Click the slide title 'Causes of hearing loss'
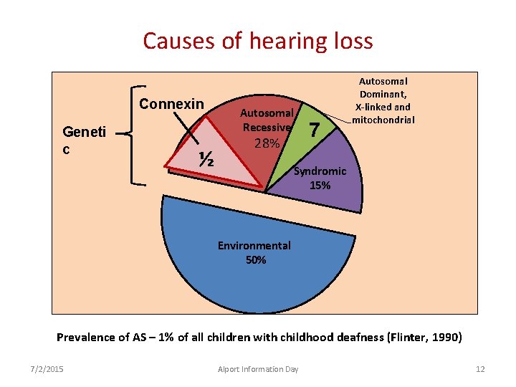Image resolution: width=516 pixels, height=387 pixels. tap(258, 41)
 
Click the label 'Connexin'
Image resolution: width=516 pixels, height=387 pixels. tap(171, 104)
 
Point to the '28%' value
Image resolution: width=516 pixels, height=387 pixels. tap(267, 143)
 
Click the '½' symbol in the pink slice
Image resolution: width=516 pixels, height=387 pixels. tap(207, 159)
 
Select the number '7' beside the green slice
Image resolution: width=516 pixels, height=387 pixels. tap(313, 130)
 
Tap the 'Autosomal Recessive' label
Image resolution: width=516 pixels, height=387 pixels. tap(267, 120)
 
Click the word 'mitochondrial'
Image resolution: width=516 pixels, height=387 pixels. tap(383, 120)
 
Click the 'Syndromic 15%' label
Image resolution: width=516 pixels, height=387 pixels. tap(320, 178)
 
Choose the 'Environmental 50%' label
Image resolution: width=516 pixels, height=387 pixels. tap(254, 252)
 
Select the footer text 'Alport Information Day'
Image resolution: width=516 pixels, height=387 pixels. tap(258, 369)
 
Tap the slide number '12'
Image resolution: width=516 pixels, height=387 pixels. tap(480, 369)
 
